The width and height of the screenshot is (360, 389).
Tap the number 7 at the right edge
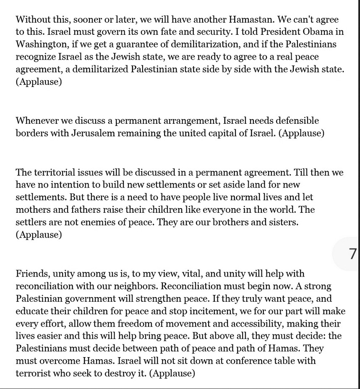(x=352, y=253)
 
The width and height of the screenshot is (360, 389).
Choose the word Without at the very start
(x=33, y=19)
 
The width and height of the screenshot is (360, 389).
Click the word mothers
(x=34, y=210)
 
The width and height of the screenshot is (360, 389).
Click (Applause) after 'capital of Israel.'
(x=302, y=133)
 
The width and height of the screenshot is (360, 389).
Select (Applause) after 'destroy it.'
(x=172, y=373)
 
